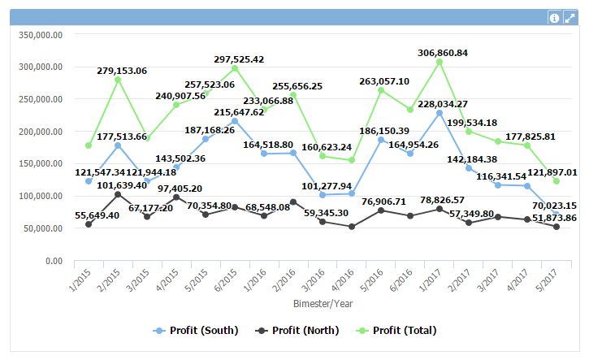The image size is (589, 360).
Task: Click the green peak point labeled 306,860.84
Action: click(440, 62)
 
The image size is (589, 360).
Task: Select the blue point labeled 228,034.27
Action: click(440, 113)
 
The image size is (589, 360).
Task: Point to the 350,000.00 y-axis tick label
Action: click(41, 35)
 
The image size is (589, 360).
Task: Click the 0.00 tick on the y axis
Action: click(54, 261)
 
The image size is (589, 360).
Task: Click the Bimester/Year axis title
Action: click(323, 303)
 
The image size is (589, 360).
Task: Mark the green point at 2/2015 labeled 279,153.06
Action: click(118, 80)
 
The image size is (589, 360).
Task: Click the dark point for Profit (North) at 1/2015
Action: click(89, 224)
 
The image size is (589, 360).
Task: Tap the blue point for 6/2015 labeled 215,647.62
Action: click(235, 121)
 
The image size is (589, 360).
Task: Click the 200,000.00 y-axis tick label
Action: click(41, 132)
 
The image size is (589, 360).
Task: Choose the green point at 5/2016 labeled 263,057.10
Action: click(381, 90)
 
